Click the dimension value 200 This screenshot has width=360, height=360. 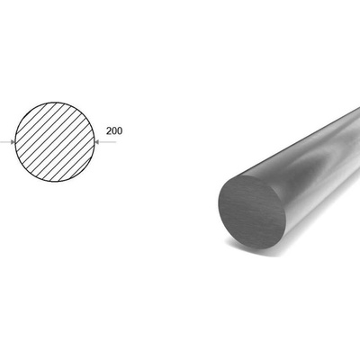[114, 131]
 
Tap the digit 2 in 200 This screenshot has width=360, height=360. [109, 131]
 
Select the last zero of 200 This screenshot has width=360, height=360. [120, 131]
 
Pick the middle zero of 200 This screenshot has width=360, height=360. [114, 131]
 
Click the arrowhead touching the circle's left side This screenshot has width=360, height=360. [13, 142]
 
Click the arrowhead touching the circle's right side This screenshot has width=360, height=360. [97, 142]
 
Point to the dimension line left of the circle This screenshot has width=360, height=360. [7, 142]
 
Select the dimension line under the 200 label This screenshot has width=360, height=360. [105, 142]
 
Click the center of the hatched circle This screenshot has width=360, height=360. [55, 142]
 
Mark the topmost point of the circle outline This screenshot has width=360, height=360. [55, 102]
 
